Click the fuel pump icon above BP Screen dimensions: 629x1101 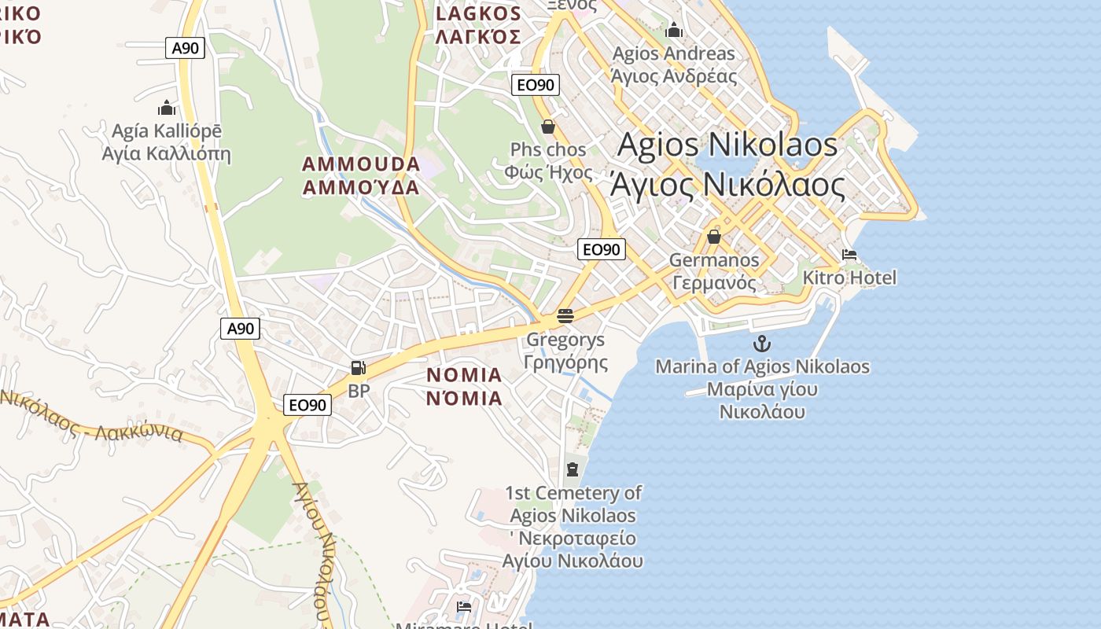358,367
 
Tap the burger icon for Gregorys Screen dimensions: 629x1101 565,316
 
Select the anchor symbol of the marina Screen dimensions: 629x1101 761,343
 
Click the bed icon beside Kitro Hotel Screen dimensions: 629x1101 849,255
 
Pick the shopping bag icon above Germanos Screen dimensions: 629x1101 714,236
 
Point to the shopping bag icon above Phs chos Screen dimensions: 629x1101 548,126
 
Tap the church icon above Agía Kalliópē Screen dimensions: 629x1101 166,108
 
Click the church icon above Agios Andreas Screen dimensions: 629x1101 674,31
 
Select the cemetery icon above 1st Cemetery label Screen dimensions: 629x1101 573,469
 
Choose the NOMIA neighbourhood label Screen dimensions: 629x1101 464,386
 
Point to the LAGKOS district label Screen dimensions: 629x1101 478,25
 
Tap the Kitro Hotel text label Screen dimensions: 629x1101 849,278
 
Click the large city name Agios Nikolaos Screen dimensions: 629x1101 727,164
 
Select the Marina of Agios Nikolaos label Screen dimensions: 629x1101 762,388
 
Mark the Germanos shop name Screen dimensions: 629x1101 714,270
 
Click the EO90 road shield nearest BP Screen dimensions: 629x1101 307,405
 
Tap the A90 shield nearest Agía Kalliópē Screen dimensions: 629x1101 186,48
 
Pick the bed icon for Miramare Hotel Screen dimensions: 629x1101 464,607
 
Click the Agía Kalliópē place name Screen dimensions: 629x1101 167,142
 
